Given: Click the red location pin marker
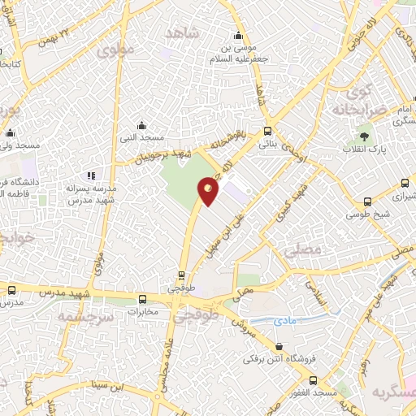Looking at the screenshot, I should tap(209, 190).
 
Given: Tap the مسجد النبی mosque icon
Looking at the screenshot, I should tap(142, 125).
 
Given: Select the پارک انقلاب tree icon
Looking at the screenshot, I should tap(364, 136).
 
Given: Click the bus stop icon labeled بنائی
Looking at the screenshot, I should tap(267, 132).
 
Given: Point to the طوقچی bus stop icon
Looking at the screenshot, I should tap(181, 275).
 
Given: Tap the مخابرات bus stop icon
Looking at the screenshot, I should tap(143, 298).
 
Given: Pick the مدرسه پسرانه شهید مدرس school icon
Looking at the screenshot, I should tap(92, 175).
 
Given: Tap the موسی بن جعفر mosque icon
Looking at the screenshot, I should tap(238, 35).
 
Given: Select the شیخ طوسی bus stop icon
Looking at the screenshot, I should tap(368, 202).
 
